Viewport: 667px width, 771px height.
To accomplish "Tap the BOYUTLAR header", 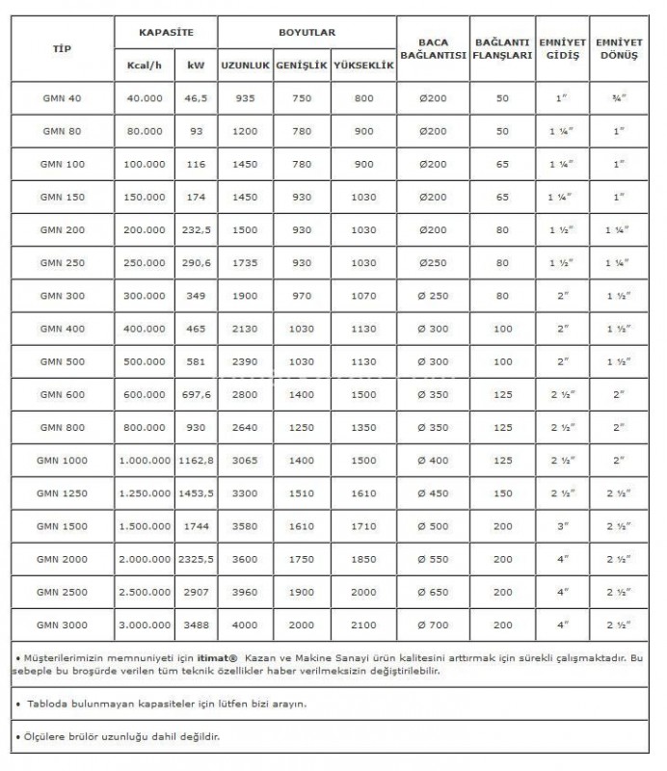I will coord(307,32).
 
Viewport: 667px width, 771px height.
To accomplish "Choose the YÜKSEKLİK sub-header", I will coord(362,66).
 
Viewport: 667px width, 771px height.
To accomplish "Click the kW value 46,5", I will coord(197,98).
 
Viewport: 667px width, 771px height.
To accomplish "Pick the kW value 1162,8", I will coord(197,460).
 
